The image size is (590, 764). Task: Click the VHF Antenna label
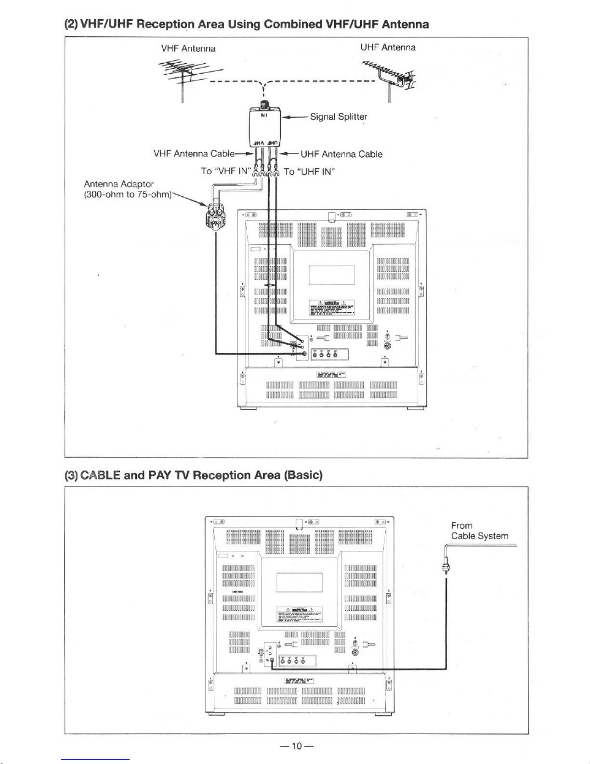188,49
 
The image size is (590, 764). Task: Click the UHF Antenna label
388,47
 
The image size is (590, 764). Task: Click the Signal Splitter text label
339,117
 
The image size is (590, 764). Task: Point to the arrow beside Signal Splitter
294,117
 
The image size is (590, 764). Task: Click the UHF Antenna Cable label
341,154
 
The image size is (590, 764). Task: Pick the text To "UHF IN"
309,172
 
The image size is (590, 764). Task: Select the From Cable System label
479,531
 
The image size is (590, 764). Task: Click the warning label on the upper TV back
332,307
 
